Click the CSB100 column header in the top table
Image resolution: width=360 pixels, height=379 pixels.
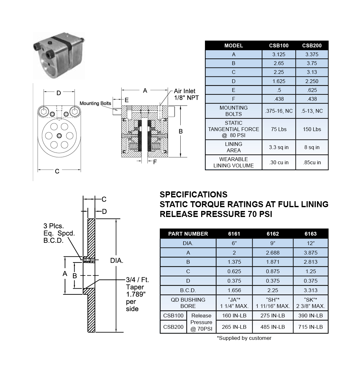click(x=279, y=45)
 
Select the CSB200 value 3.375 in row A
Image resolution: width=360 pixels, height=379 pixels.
click(x=312, y=54)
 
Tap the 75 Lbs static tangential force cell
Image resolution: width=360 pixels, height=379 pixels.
click(x=279, y=129)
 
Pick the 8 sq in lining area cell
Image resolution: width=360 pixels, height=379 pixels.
click(x=312, y=147)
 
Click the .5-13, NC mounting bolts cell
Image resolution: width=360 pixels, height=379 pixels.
click(x=312, y=111)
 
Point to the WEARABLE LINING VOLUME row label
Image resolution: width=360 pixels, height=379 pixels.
click(x=233, y=162)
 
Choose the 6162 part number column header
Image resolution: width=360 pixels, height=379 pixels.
click(x=273, y=234)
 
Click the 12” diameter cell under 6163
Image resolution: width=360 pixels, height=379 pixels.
click(x=310, y=243)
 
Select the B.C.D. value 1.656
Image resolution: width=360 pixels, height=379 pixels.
click(x=234, y=290)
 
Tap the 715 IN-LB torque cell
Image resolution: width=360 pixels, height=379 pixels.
click(x=310, y=327)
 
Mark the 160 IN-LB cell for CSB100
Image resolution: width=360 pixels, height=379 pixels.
click(x=234, y=316)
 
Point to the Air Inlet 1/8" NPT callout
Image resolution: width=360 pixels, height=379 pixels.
click(x=186, y=94)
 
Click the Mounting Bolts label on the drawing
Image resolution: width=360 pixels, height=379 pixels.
click(x=95, y=103)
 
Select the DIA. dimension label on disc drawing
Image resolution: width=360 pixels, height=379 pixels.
click(x=117, y=261)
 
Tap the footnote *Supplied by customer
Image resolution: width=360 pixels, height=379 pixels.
click(x=244, y=338)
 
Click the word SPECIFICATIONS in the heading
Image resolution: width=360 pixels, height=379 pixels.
click(x=193, y=194)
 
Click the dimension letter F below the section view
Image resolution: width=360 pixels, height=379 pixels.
click(x=155, y=162)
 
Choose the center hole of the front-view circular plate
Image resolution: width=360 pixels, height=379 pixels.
click(x=59, y=135)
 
